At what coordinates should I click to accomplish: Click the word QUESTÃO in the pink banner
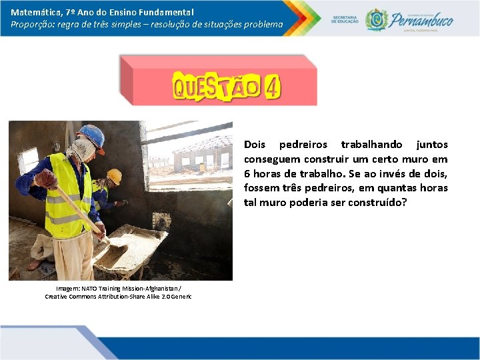point(216,87)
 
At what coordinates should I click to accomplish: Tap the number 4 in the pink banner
point(271,87)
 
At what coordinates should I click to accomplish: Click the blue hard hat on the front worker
point(92,135)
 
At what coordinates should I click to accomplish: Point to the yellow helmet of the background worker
point(115,176)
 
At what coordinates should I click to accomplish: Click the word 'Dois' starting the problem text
point(255,145)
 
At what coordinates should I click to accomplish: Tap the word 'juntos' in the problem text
point(432,145)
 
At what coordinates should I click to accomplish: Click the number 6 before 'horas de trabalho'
point(247,173)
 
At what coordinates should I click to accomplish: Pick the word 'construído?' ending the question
point(373,203)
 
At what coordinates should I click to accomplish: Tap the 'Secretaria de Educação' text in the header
point(344,19)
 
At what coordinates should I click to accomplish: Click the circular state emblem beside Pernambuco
point(377,19)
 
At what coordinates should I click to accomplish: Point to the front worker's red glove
point(45,179)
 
